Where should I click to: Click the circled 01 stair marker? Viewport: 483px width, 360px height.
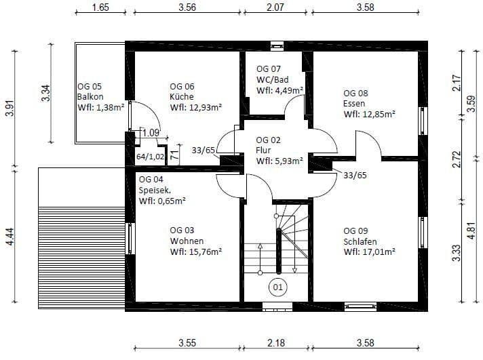(x=277, y=287)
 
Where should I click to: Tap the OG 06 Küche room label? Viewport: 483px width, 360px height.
(x=182, y=96)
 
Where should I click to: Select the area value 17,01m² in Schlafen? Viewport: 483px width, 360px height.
(x=370, y=252)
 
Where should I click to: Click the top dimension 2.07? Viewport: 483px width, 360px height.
(x=274, y=8)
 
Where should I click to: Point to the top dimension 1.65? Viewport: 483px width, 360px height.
(x=100, y=8)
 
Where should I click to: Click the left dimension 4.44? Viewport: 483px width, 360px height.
(x=9, y=238)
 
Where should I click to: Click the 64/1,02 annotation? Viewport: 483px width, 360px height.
(x=150, y=156)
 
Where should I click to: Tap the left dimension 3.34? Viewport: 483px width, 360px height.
(x=45, y=92)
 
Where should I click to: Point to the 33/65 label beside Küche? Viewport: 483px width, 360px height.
(x=204, y=150)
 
